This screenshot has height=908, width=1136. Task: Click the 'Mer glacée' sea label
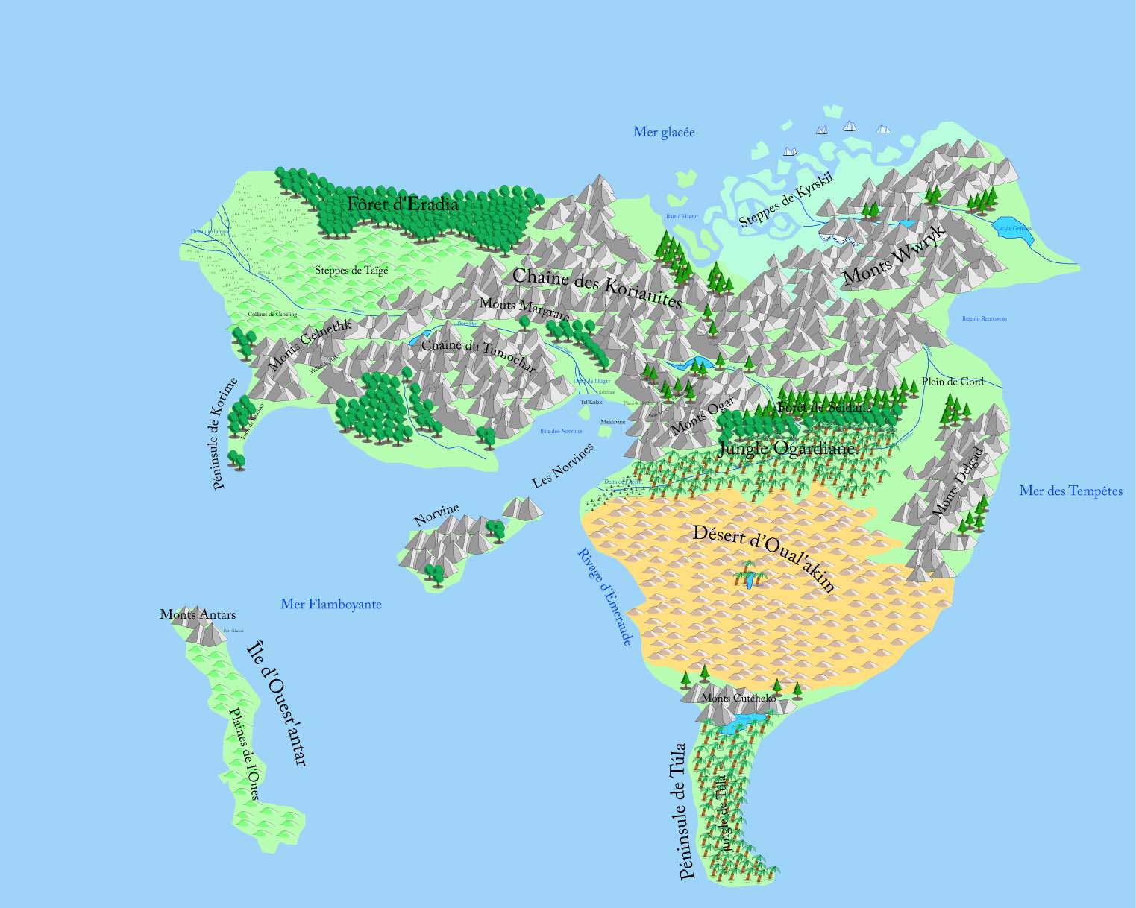tap(664, 133)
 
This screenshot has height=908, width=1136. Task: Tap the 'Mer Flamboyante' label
tap(330, 604)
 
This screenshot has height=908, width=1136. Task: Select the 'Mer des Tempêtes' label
tap(1070, 491)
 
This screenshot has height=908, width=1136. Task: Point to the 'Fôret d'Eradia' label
tap(402, 204)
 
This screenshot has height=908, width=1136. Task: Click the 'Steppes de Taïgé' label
tap(351, 271)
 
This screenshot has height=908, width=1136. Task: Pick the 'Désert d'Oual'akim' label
tap(763, 558)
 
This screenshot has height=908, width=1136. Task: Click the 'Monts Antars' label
tap(198, 615)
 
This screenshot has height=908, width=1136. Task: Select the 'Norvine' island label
tap(436, 515)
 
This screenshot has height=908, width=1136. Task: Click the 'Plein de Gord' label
tap(953, 382)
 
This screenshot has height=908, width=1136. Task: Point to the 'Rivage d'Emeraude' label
tap(605, 596)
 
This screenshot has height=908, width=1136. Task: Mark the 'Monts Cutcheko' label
tap(738, 699)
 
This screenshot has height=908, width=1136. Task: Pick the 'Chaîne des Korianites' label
tap(597, 289)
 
